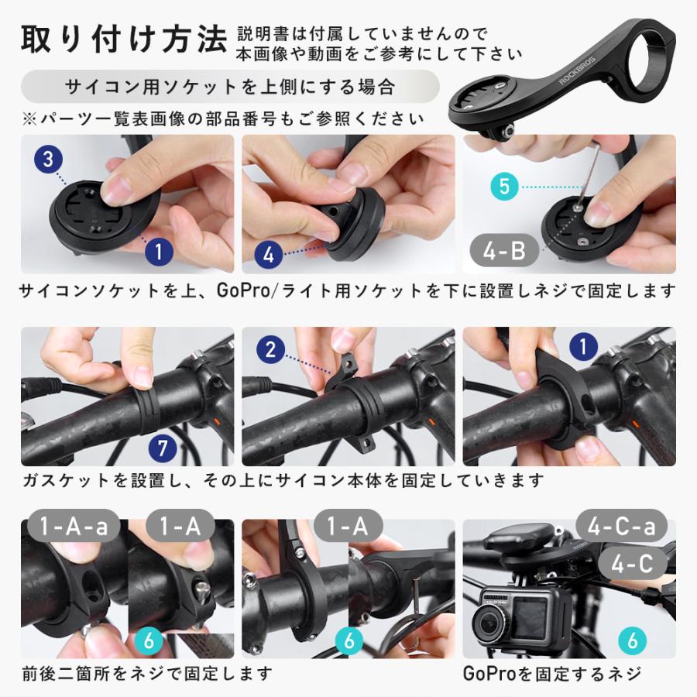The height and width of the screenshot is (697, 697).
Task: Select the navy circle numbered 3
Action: (48, 160)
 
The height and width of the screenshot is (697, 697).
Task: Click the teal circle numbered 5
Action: (503, 187)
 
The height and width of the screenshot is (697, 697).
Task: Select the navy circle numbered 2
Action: (270, 349)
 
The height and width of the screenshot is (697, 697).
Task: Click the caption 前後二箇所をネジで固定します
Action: (147, 673)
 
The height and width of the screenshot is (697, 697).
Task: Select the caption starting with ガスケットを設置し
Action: (283, 480)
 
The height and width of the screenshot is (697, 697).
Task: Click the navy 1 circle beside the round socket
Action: (158, 251)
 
